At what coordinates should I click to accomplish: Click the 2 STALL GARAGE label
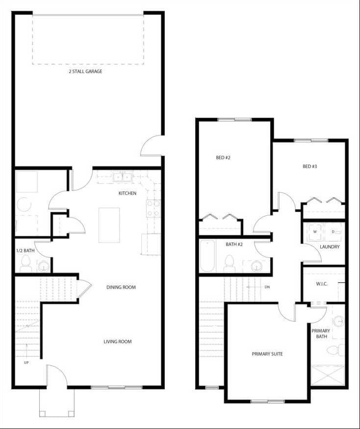pyautogui.click(x=85, y=71)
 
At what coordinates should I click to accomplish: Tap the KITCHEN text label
pyautogui.click(x=128, y=193)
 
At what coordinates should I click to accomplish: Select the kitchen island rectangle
pyautogui.click(x=109, y=225)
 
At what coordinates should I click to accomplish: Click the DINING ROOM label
pyautogui.click(x=121, y=287)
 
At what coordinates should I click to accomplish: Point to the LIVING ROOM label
pyautogui.click(x=117, y=342)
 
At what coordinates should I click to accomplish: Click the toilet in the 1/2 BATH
pyautogui.click(x=26, y=266)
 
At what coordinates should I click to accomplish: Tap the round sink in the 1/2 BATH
pyautogui.click(x=43, y=267)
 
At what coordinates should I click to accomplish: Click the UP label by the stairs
pyautogui.click(x=26, y=363)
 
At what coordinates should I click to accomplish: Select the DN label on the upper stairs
pyautogui.click(x=267, y=287)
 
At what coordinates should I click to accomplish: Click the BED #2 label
pyautogui.click(x=223, y=158)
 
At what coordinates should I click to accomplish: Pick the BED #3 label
pyautogui.click(x=309, y=166)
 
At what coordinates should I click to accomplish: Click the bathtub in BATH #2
pyautogui.click(x=207, y=255)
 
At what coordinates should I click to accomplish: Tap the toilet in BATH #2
pyautogui.click(x=229, y=264)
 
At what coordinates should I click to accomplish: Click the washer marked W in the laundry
pyautogui.click(x=315, y=232)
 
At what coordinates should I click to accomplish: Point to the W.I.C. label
pyautogui.click(x=322, y=283)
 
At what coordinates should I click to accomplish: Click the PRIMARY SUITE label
pyautogui.click(x=267, y=354)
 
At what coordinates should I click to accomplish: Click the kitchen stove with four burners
pyautogui.click(x=154, y=208)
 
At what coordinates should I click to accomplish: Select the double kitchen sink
pyautogui.click(x=122, y=177)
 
